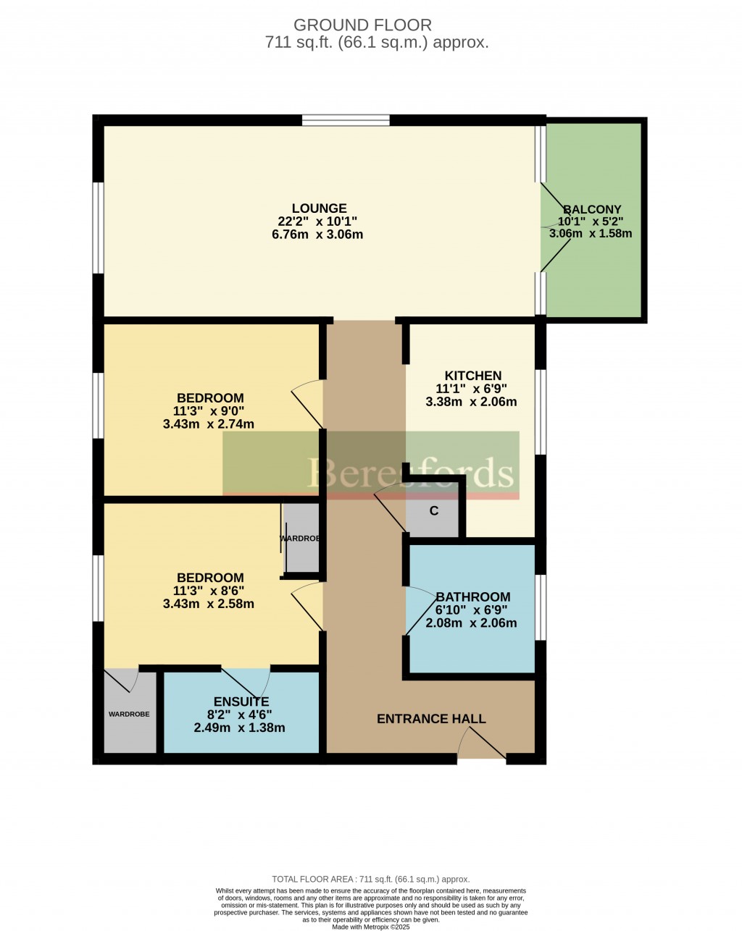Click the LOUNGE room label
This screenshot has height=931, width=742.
pyautogui.click(x=319, y=208)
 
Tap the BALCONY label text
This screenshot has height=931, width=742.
pyautogui.click(x=592, y=210)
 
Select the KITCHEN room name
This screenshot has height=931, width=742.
pyautogui.click(x=473, y=376)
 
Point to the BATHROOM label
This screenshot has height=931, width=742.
pyautogui.click(x=473, y=597)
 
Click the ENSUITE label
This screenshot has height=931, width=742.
pyautogui.click(x=241, y=702)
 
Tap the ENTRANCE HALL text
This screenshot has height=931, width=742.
pyautogui.click(x=431, y=719)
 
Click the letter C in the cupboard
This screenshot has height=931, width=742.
pyautogui.click(x=433, y=511)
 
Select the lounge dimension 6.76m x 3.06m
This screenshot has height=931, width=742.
pyautogui.click(x=317, y=235)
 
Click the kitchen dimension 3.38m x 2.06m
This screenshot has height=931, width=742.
pyautogui.click(x=471, y=402)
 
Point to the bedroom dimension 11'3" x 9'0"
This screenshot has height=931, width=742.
pyautogui.click(x=209, y=410)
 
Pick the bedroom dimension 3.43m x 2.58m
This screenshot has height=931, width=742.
pyautogui.click(x=209, y=604)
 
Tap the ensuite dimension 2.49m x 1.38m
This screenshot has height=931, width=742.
pyautogui.click(x=239, y=728)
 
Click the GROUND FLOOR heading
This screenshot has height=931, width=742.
pyautogui.click(x=362, y=25)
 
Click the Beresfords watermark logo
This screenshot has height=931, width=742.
pyautogui.click(x=371, y=465)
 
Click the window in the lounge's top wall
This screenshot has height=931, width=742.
pyautogui.click(x=346, y=120)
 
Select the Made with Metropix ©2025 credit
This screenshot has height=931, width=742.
pyautogui.click(x=370, y=927)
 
